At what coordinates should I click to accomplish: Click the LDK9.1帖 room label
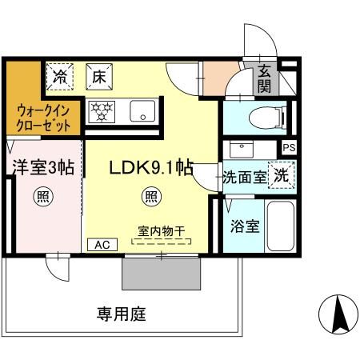151,168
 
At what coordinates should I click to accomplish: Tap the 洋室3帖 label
43,168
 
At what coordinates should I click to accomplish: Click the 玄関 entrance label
265,79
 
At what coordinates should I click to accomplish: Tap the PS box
288,148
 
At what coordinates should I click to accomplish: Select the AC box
102,245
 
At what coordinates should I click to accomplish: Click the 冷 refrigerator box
61,78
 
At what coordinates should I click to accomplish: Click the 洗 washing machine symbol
279,176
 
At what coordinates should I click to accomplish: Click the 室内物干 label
162,231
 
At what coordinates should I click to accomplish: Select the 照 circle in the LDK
150,196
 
